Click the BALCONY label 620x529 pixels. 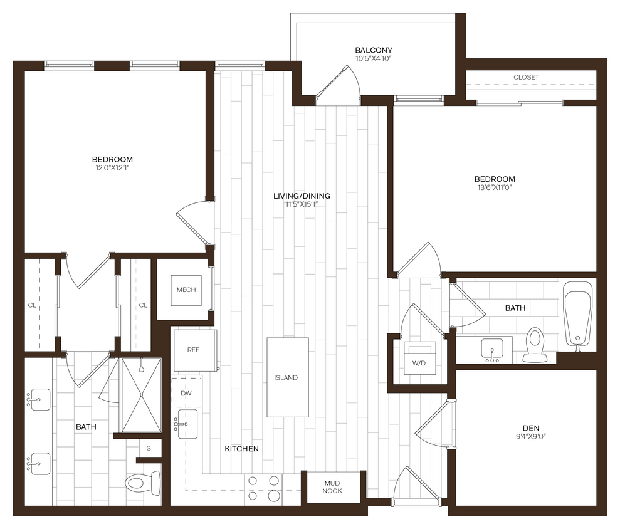[x=374, y=50]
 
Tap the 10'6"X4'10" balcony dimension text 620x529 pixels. [x=374, y=59]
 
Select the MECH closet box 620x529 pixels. [x=186, y=290]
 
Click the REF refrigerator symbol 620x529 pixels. [x=193, y=350]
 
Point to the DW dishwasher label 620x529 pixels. [x=186, y=394]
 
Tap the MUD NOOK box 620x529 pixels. [x=332, y=487]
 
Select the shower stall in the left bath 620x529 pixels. [x=141, y=395]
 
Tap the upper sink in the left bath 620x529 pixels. [x=39, y=399]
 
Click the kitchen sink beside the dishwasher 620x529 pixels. [x=187, y=424]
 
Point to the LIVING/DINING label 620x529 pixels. [x=302, y=196]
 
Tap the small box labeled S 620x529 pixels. [x=149, y=448]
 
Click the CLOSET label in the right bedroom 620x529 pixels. [x=525, y=77]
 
